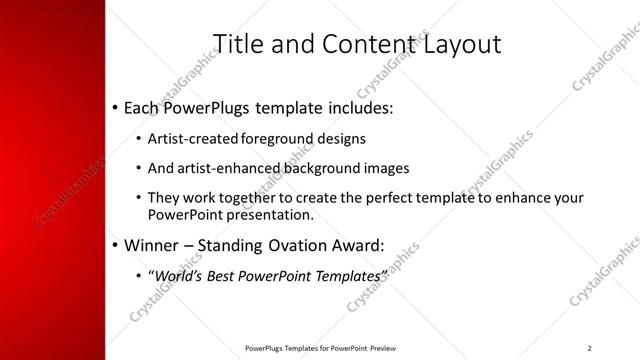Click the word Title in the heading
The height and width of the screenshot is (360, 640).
point(239,43)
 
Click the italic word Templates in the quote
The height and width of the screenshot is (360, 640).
point(347,274)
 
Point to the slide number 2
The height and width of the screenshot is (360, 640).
point(590,348)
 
